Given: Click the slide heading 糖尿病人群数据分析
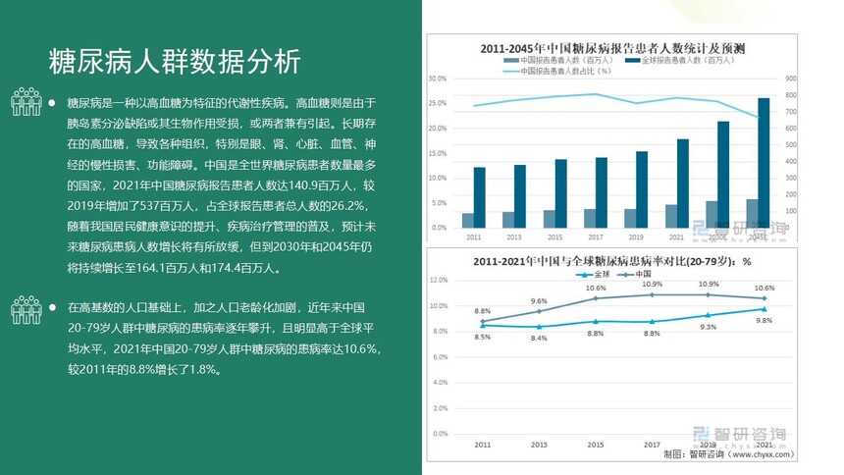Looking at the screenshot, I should pos(175,62).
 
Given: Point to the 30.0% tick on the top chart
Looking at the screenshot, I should pos(438,79).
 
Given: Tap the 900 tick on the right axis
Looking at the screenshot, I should pos(791,79).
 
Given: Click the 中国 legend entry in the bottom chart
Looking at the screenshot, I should pos(643,274).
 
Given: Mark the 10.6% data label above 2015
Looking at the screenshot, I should pos(596,288).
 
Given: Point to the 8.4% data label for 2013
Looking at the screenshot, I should pos(539,338).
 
